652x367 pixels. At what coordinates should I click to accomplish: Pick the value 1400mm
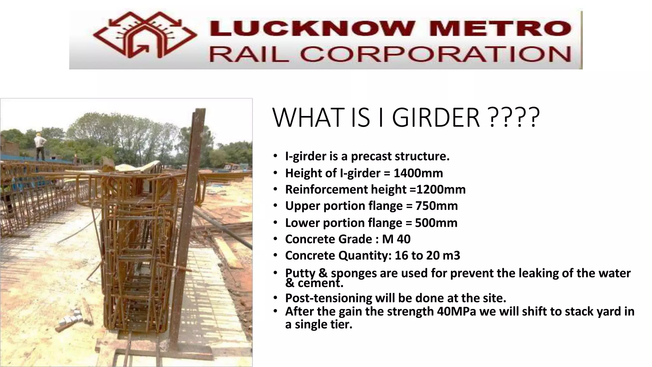(x=418, y=173)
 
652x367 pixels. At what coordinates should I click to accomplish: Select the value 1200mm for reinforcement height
(x=441, y=190)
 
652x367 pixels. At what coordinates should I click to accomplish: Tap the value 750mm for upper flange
(x=436, y=206)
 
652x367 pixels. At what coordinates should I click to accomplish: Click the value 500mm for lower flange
(x=436, y=223)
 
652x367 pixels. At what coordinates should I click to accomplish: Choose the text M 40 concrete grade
(x=396, y=239)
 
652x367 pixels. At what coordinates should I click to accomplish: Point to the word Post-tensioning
(x=328, y=298)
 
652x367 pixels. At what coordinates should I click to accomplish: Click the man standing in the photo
(x=40, y=147)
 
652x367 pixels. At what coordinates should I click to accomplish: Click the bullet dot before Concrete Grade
(x=275, y=239)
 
